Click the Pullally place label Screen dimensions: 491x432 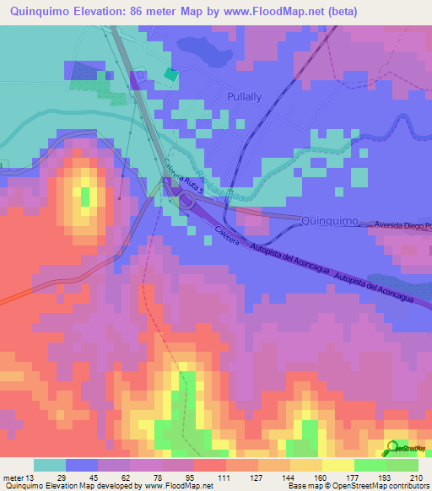(246, 97)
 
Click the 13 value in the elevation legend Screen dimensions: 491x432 (30, 477)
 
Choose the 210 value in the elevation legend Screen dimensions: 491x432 (414, 477)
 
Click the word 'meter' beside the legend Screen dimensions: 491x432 (13, 477)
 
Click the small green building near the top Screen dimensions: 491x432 (171, 74)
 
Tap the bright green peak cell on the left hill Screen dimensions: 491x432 (85, 196)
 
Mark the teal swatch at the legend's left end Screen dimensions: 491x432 (50, 465)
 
